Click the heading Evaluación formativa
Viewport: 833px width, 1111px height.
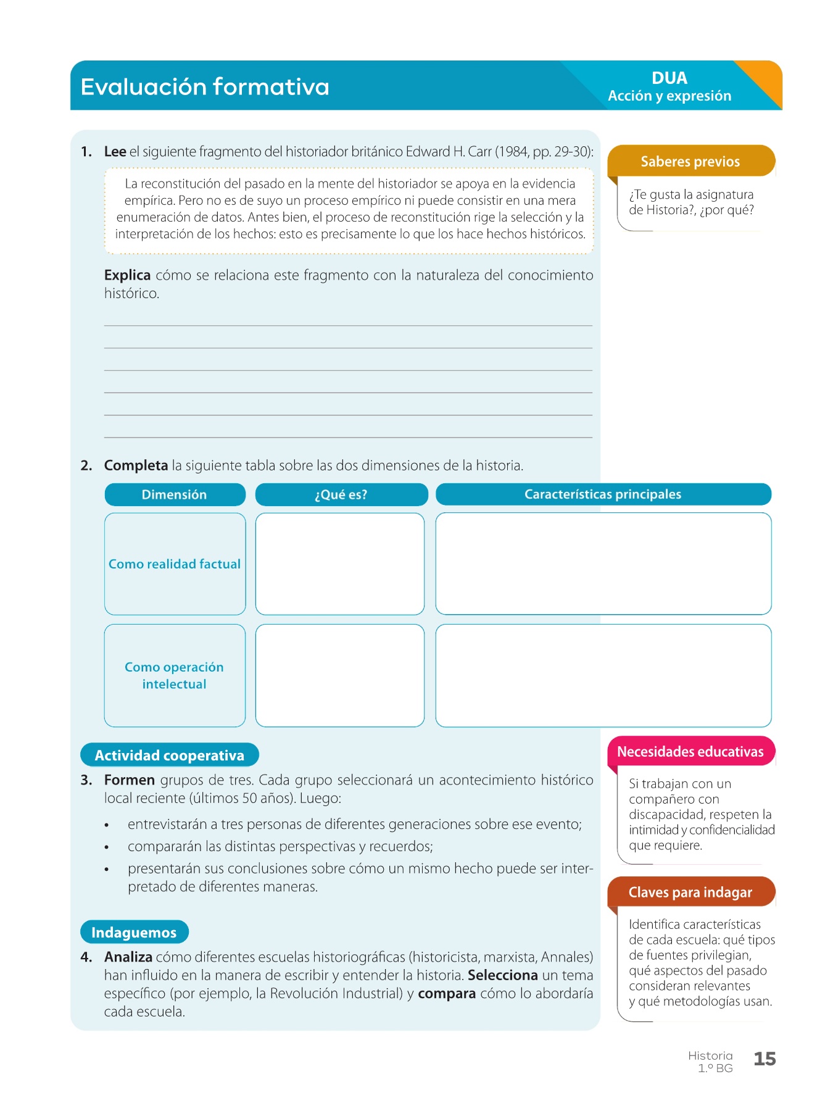pos(205,87)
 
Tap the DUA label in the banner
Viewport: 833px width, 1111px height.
pos(669,78)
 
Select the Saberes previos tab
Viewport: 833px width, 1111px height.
pos(690,162)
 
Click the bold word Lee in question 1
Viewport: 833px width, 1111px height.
pos(115,152)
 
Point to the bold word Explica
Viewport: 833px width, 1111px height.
pos(127,275)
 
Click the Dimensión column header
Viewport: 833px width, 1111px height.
pos(175,494)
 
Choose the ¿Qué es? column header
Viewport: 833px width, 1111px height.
pos(341,494)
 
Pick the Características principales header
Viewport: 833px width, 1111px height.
pos(603,494)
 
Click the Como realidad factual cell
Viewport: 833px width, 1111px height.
pos(175,564)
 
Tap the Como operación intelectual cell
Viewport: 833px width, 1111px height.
pos(175,675)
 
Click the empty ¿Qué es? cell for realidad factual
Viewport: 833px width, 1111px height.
pos(340,564)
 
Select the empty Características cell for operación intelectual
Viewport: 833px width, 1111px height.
pos(603,675)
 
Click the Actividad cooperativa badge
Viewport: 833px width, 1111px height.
pos(170,755)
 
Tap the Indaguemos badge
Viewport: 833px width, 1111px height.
pos(134,932)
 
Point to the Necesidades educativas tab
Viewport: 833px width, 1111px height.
pos(690,752)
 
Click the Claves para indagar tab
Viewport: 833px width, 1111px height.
pos(690,893)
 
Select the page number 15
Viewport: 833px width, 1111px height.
pos(765,1059)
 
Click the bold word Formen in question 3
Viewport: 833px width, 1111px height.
pos(129,780)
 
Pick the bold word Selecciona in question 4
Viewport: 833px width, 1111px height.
pos(502,975)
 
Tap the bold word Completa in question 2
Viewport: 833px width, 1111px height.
pos(136,465)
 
